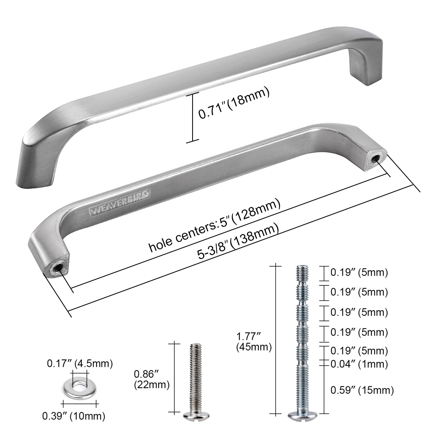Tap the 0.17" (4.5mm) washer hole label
point(80,364)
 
